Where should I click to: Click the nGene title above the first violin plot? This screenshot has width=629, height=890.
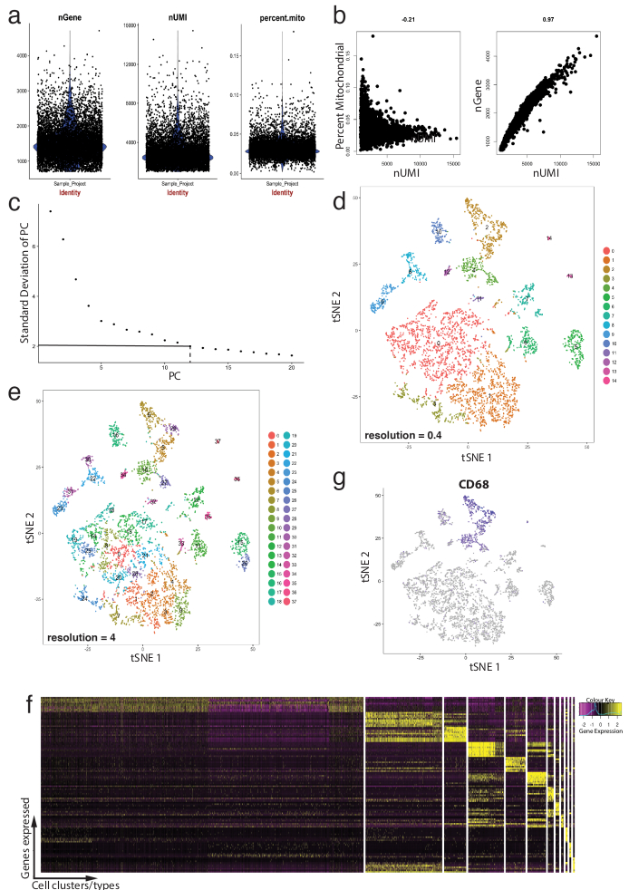[x=68, y=15]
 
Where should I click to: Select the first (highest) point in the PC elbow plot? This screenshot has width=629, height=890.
[x=51, y=211]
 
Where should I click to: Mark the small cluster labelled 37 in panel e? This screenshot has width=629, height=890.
[x=218, y=441]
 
